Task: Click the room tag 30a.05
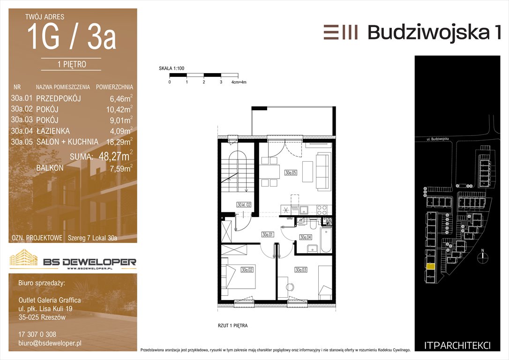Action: click(291, 172)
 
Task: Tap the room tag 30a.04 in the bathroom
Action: click(306, 237)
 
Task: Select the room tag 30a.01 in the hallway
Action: click(268, 234)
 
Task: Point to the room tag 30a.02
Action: click(247, 270)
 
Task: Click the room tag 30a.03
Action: click(301, 270)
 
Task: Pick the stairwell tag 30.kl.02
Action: click(244, 205)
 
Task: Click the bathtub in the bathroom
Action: click(326, 240)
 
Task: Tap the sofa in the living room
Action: click(322, 171)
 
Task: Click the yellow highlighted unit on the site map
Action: click(430, 267)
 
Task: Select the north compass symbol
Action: click(483, 256)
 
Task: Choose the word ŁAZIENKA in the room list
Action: click(53, 131)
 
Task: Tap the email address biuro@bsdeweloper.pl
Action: click(50, 343)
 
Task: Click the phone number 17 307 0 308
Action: click(37, 334)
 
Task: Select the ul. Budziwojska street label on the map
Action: click(438, 139)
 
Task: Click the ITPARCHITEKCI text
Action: click(457, 346)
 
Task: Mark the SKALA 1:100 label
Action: click(172, 68)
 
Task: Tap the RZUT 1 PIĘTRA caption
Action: click(233, 326)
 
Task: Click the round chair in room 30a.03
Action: click(290, 287)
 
